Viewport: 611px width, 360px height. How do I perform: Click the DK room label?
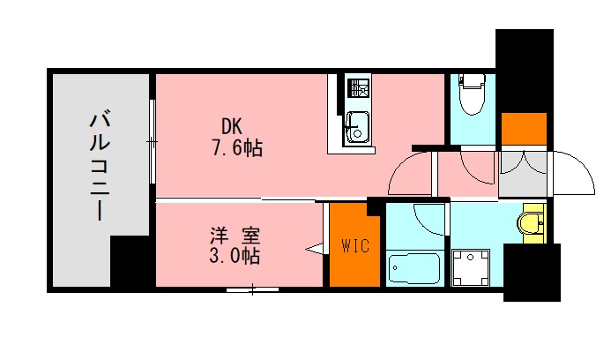(232, 126)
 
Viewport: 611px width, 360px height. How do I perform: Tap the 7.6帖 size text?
(237, 148)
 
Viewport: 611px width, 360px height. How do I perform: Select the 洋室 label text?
(235, 235)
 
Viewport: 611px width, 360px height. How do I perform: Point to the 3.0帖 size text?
(235, 256)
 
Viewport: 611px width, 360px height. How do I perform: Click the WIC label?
(355, 245)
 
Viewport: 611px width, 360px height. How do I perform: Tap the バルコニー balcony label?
(100, 167)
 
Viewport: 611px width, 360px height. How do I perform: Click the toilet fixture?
(473, 94)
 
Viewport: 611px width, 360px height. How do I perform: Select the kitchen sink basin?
(358, 128)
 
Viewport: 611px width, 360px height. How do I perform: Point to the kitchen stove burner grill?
(360, 87)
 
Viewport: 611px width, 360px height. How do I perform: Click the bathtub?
(414, 269)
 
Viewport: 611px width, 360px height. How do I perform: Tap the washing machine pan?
(471, 268)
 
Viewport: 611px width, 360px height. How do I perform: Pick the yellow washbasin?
(532, 223)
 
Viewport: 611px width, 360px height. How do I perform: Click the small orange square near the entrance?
(524, 129)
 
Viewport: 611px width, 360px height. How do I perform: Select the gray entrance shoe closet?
(524, 174)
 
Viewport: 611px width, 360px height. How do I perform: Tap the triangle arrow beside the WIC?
(315, 249)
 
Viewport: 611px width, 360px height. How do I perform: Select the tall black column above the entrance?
(525, 71)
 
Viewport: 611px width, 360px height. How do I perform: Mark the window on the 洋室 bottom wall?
(252, 289)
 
